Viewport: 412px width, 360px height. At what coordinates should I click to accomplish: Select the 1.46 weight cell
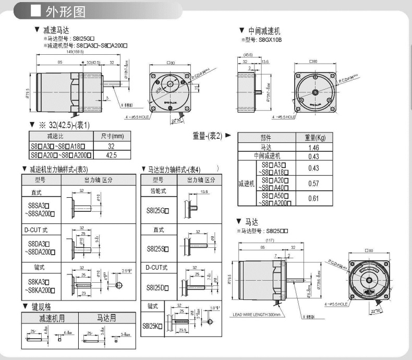click(313, 148)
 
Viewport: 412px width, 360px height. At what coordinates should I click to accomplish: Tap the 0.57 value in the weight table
click(313, 184)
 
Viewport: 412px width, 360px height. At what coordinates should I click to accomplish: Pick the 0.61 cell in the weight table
click(313, 198)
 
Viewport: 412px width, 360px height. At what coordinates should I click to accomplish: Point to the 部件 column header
click(266, 138)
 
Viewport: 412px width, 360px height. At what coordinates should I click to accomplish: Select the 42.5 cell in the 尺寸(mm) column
click(111, 155)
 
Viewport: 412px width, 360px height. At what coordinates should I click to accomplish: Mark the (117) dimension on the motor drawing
click(270, 240)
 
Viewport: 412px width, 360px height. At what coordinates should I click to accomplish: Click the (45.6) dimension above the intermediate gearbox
click(248, 55)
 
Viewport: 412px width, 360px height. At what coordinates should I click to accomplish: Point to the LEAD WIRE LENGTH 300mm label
click(257, 315)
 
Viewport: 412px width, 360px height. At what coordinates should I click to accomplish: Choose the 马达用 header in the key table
click(107, 318)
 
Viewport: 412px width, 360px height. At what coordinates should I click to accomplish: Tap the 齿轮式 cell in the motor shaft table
click(158, 191)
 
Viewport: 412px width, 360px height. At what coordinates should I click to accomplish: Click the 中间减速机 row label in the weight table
click(266, 156)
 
